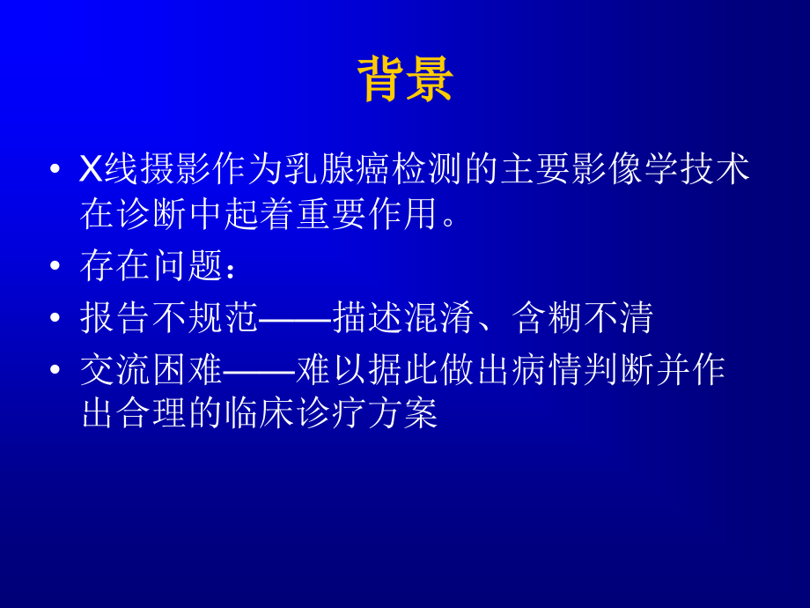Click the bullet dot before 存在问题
click(x=55, y=267)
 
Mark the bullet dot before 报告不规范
click(x=55, y=318)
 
